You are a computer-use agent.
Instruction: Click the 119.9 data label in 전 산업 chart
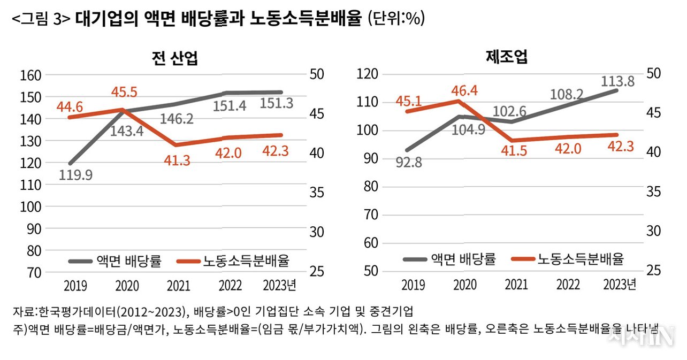click(74, 175)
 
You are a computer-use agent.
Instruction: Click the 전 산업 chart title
click(175, 58)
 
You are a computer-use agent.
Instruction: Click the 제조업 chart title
click(506, 57)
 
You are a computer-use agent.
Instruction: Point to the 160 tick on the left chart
click(31, 75)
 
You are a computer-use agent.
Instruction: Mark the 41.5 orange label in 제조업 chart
click(513, 151)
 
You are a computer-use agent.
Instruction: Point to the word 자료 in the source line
click(22, 311)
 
